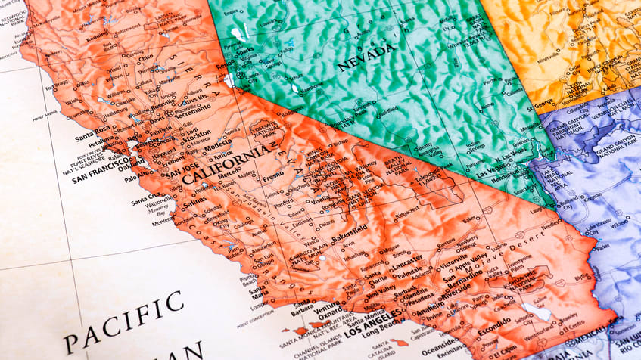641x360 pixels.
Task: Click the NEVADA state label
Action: point(366,57)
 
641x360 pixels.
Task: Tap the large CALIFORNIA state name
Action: point(226,164)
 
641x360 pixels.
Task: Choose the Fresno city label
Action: point(272,176)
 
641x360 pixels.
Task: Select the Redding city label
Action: point(97,36)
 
